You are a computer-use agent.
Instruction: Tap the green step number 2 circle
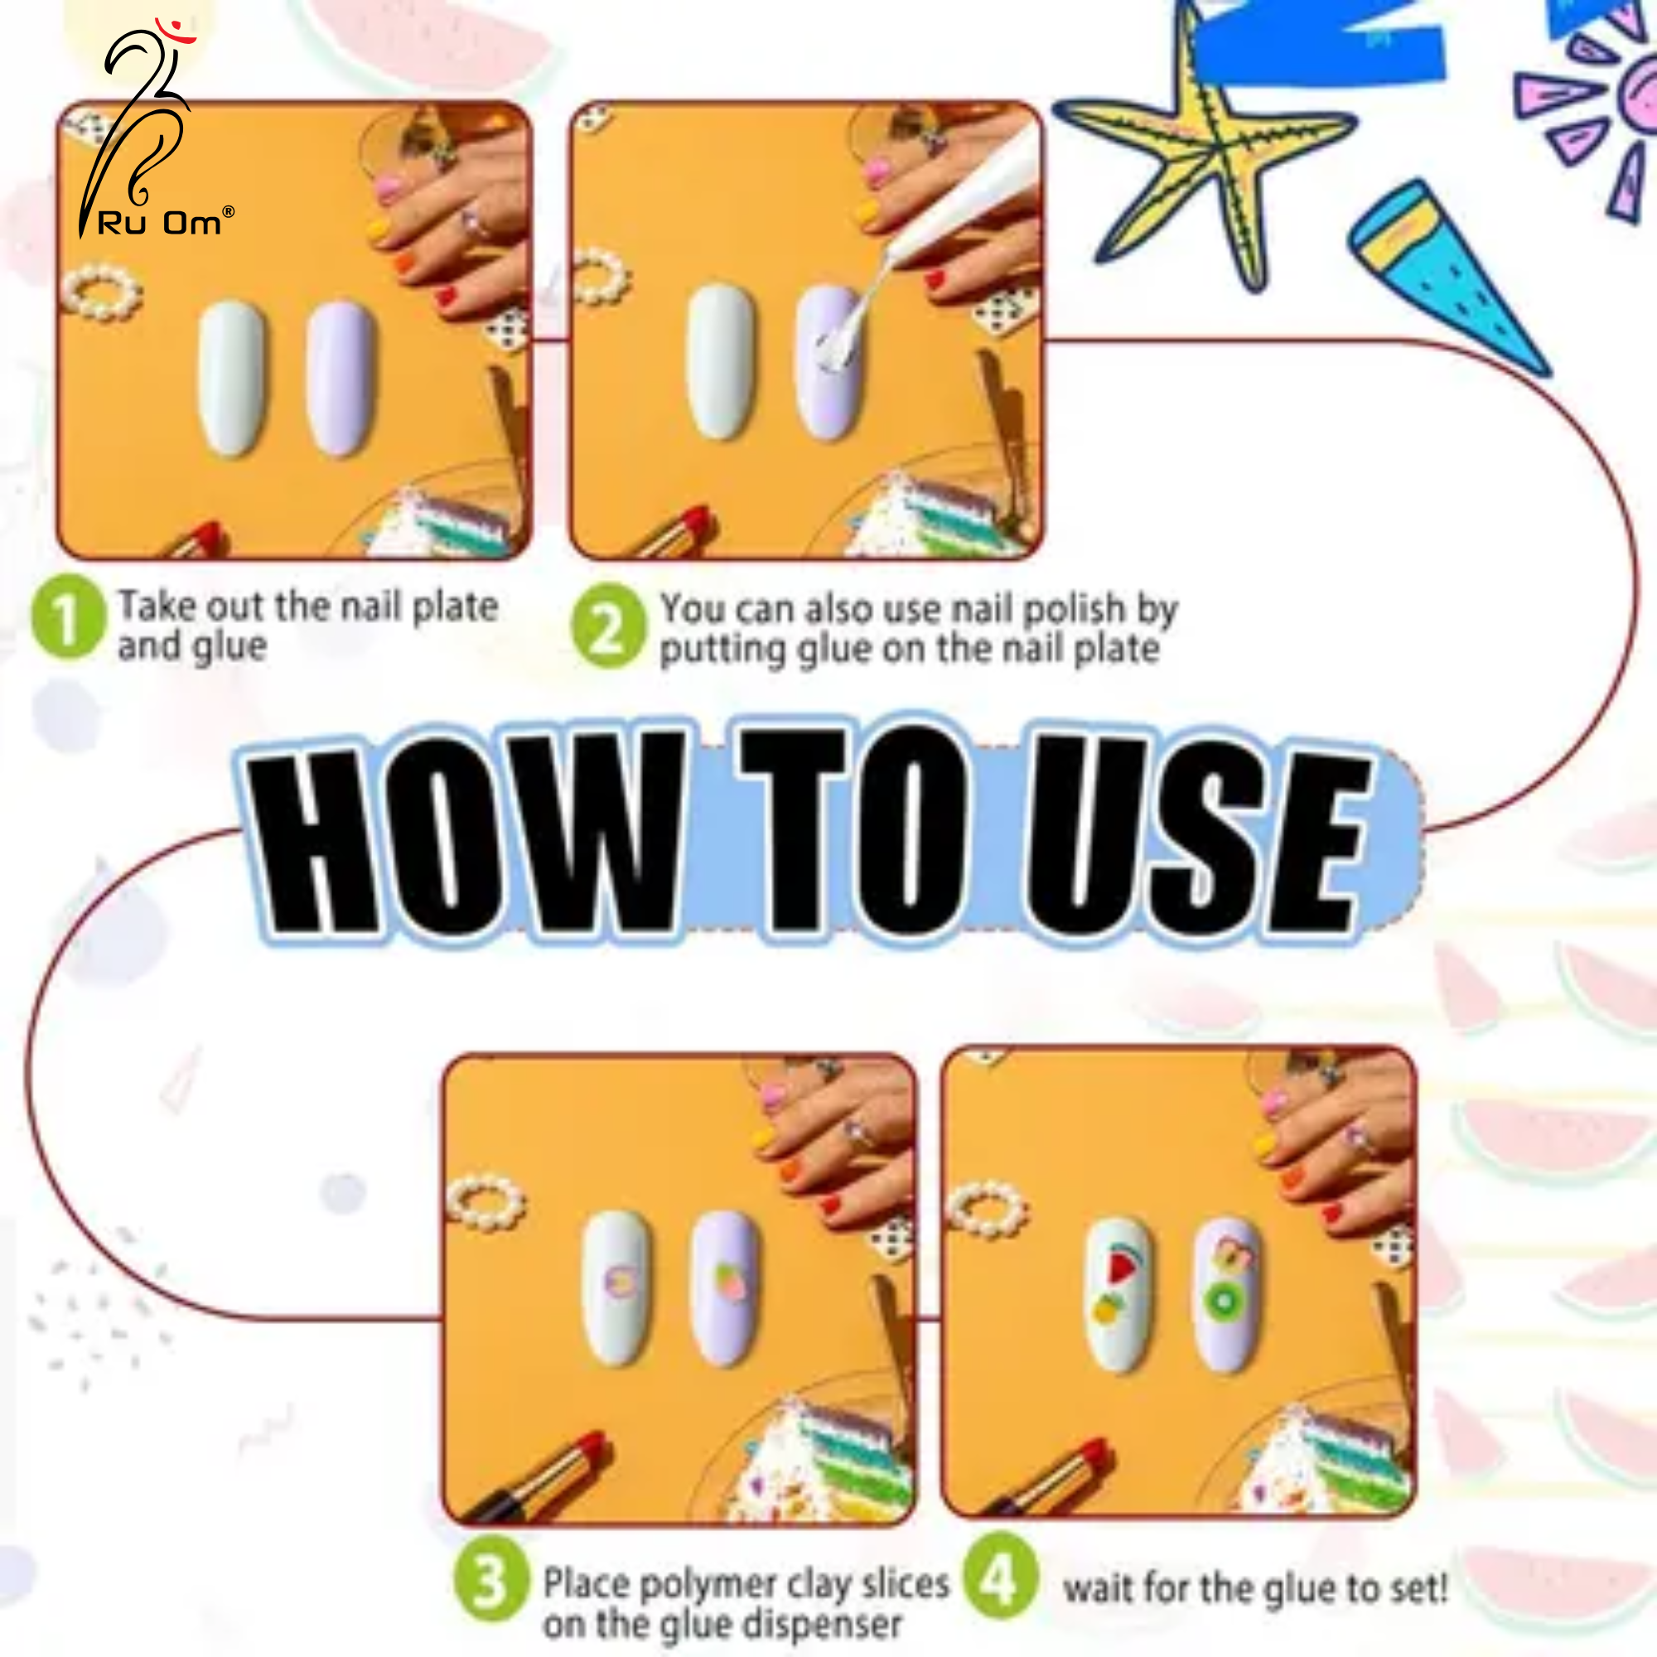(x=608, y=626)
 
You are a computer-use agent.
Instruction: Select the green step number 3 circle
(x=490, y=1582)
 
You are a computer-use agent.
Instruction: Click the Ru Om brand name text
(x=161, y=223)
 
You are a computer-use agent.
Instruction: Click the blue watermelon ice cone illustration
(x=1449, y=278)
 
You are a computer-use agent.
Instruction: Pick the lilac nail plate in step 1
(x=341, y=376)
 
